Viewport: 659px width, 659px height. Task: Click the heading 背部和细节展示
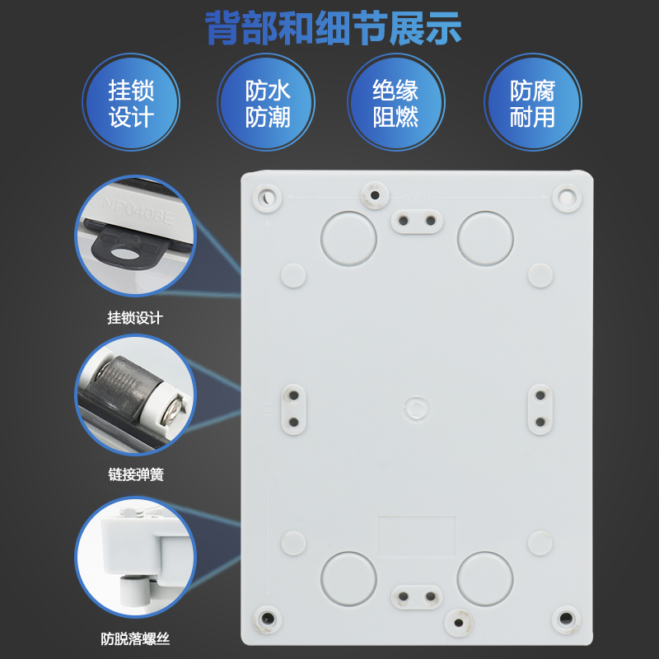click(333, 28)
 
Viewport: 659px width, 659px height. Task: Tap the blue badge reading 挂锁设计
click(131, 104)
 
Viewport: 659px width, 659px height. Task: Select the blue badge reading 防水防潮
click(268, 104)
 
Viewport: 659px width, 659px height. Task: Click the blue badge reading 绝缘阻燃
click(395, 104)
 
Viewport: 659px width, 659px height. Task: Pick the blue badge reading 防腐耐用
click(532, 104)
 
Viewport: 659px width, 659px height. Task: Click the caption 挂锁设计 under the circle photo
click(135, 318)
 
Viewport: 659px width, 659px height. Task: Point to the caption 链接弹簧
click(135, 475)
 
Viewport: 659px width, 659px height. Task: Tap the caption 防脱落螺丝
click(135, 638)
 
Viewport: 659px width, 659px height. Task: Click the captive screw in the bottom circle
click(132, 590)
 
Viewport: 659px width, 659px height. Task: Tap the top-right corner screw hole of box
click(565, 198)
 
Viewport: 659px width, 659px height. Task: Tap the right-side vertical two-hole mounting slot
click(540, 409)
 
